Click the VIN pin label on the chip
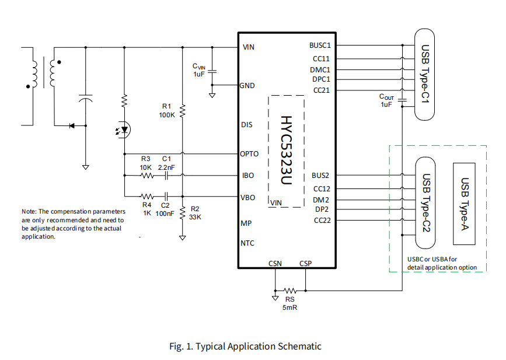pyautogui.click(x=248, y=47)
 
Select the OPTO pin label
pyautogui.click(x=249, y=154)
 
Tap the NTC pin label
pyautogui.click(x=247, y=243)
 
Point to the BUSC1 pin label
pyautogui.click(x=320, y=45)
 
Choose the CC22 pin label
pyautogui.click(x=322, y=220)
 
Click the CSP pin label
pyautogui.click(x=305, y=263)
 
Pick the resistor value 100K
pyautogui.click(x=167, y=115)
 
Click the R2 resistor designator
pyautogui.click(x=195, y=209)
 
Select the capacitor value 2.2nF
pyautogui.click(x=166, y=167)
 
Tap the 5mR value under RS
pyautogui.click(x=290, y=307)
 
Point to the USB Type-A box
pyautogui.click(x=465, y=203)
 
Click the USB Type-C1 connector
pyautogui.click(x=425, y=74)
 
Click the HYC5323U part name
pyautogui.click(x=285, y=151)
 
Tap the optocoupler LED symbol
pyautogui.click(x=124, y=130)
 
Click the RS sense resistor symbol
pyautogui.click(x=290, y=290)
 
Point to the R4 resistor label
pyautogui.click(x=146, y=205)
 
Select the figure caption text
pyautogui.click(x=245, y=346)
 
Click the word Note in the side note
pyautogui.click(x=30, y=211)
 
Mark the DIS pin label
pyautogui.click(x=246, y=125)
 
